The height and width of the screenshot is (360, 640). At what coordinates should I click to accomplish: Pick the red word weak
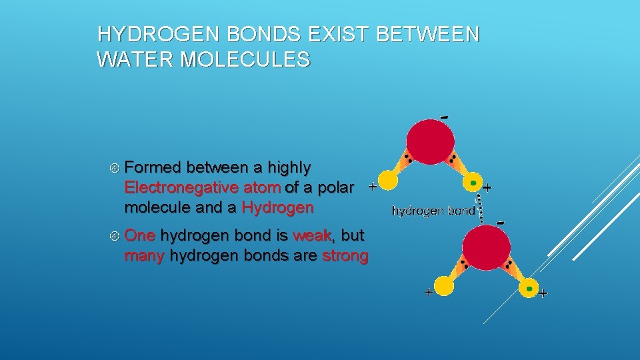tap(312, 235)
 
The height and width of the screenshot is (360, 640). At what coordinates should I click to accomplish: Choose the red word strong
tap(345, 256)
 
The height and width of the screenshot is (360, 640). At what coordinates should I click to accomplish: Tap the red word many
tap(144, 256)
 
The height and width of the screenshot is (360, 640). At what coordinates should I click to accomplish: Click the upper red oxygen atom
tap(431, 141)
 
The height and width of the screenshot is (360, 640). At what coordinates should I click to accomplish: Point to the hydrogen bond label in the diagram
tap(433, 211)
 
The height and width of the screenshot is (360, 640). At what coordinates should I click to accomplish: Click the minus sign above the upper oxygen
tap(445, 117)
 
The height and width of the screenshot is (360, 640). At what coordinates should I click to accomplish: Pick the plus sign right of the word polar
tap(372, 187)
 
